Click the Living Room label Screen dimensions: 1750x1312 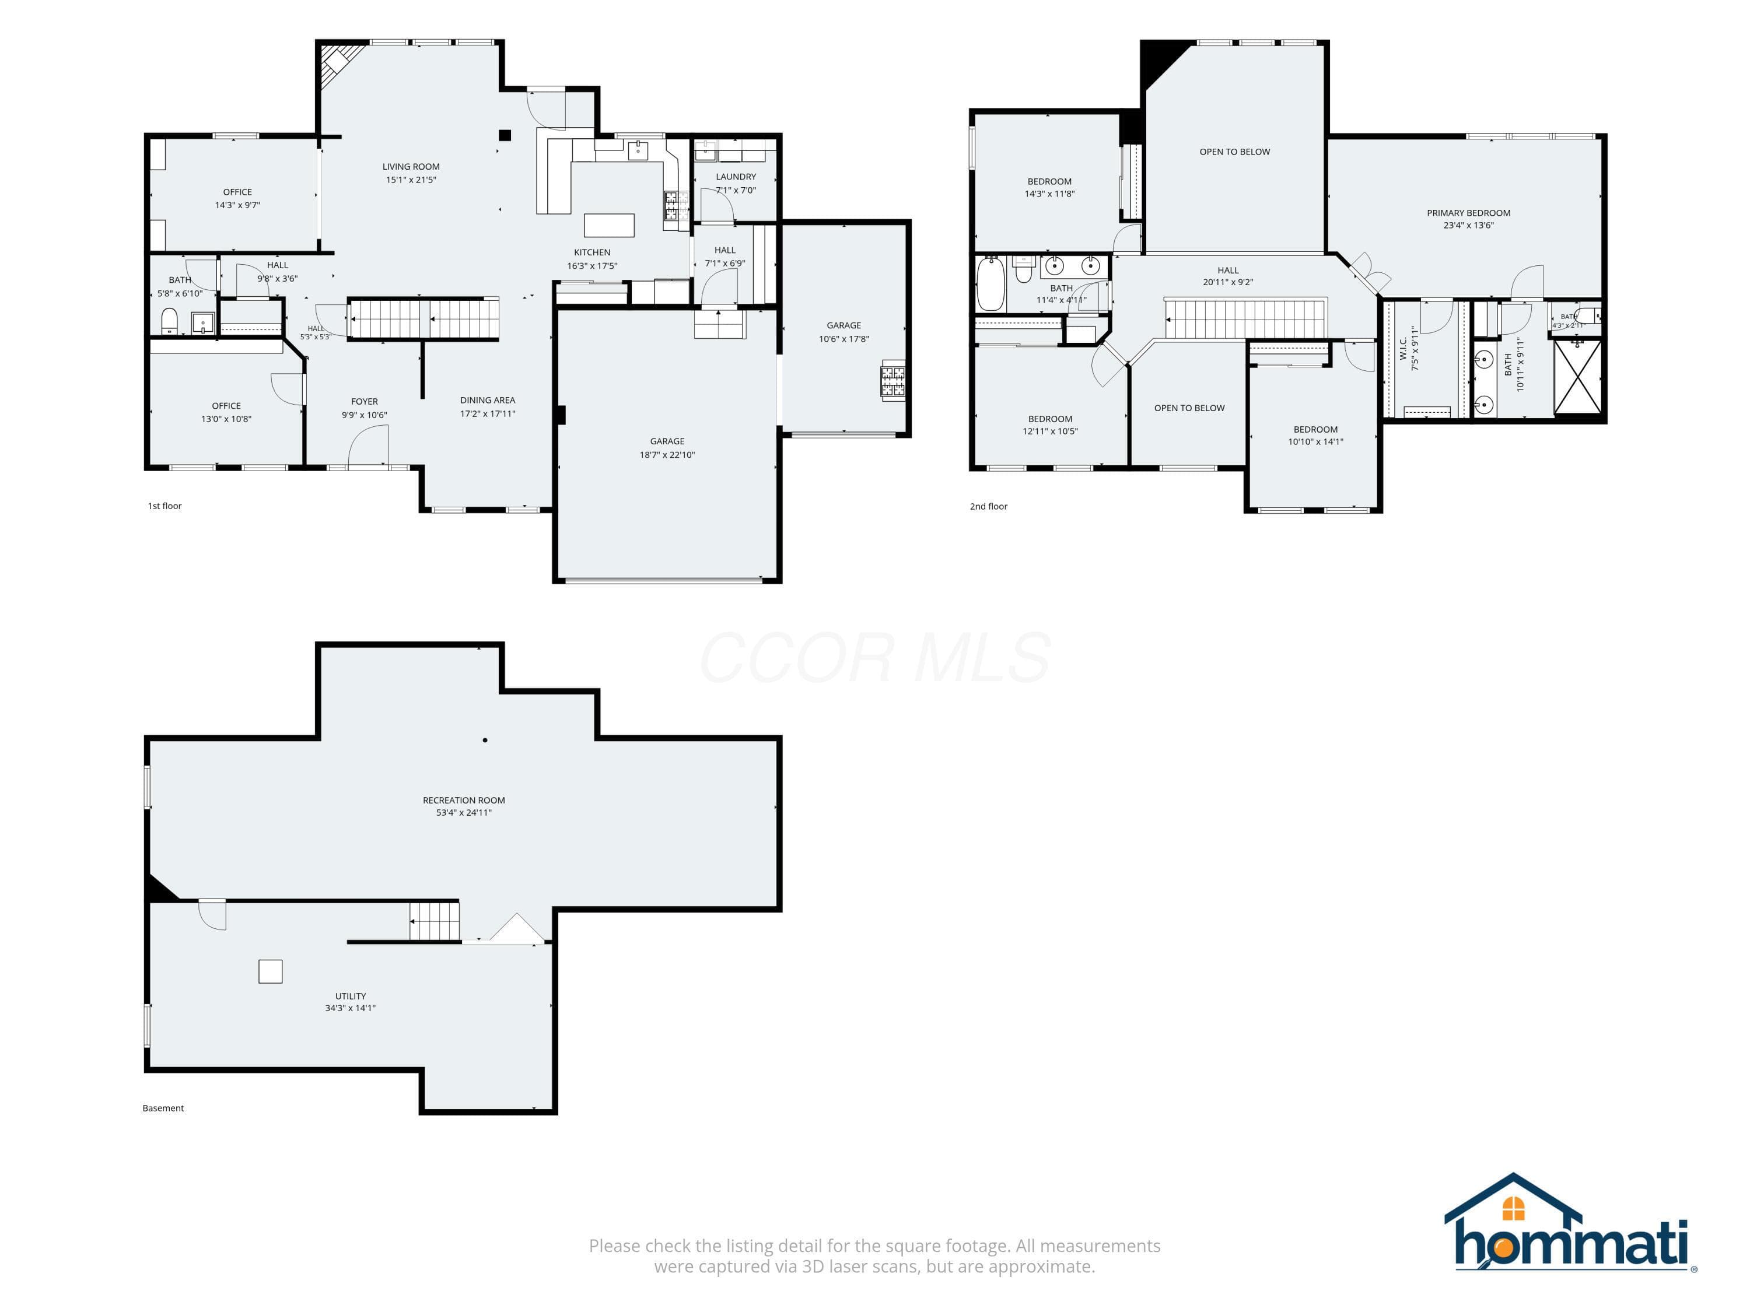(411, 167)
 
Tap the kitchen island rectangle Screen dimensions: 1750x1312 (609, 226)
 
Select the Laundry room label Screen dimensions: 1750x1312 (736, 177)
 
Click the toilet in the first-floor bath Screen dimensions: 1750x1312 (169, 321)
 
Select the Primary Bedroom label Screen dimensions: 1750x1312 (1468, 213)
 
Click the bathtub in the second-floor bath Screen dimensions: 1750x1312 (990, 285)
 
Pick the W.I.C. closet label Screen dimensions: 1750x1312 (1403, 349)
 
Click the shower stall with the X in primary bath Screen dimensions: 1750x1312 (1577, 377)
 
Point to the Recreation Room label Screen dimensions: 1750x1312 (464, 801)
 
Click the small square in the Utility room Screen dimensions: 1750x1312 (271, 971)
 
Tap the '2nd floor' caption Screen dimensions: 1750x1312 (989, 506)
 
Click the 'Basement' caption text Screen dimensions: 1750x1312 (163, 1108)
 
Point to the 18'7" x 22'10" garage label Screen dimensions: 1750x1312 (667, 455)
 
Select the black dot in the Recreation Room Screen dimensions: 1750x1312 (485, 740)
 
